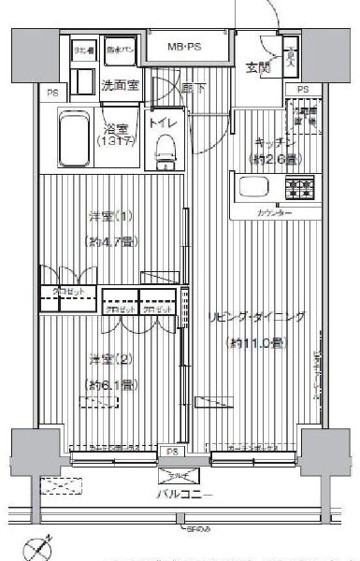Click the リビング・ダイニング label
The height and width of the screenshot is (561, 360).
257,318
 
